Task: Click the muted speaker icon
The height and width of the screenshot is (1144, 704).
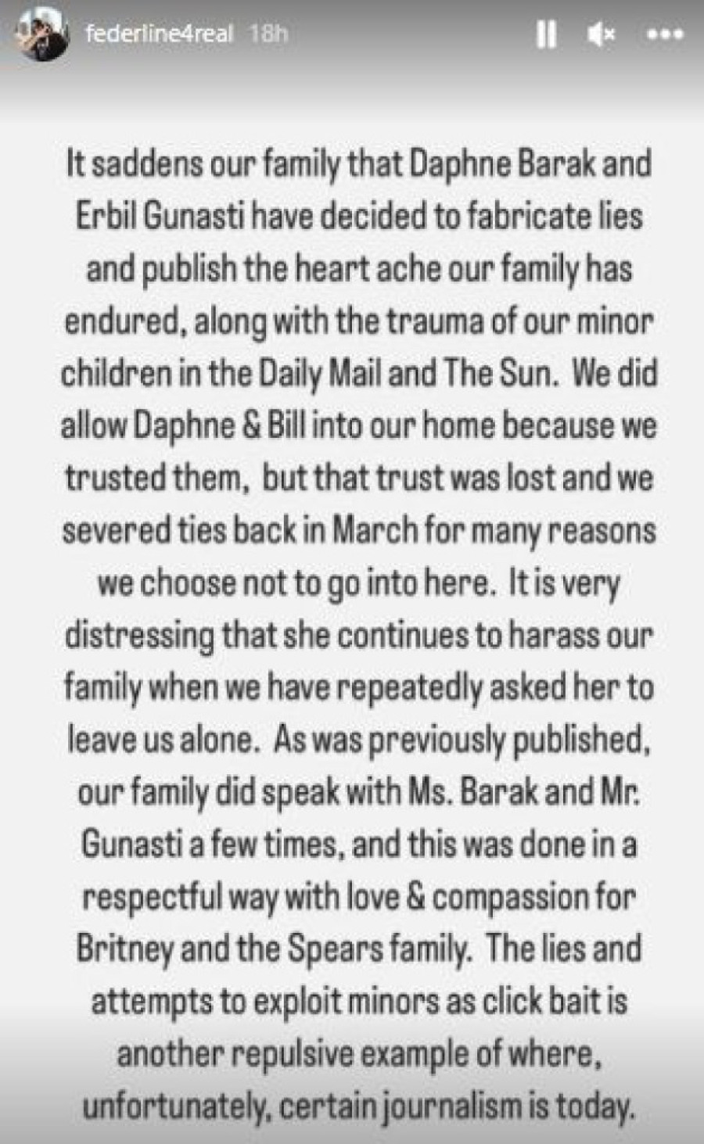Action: (x=601, y=35)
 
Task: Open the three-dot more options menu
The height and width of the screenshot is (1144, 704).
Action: (x=665, y=36)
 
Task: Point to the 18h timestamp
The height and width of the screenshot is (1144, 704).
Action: (x=267, y=34)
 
